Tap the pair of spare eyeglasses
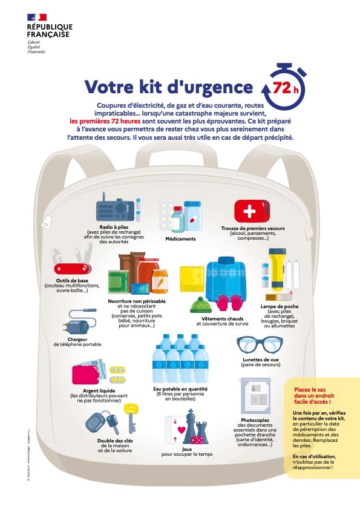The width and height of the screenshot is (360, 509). [x=259, y=346]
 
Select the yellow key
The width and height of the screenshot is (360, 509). [x=130, y=417]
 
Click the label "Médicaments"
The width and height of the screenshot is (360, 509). [x=180, y=239]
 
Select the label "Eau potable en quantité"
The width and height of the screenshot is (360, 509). [x=180, y=389]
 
